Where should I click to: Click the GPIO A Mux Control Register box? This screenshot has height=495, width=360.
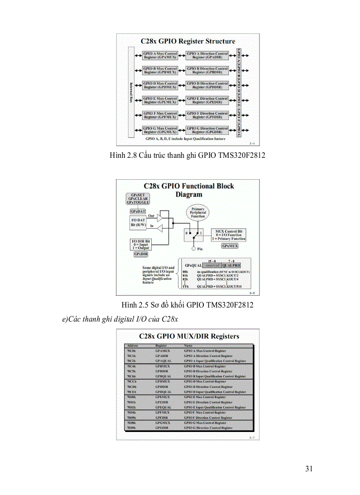coord(160,56)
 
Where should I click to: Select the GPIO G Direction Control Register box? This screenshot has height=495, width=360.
coord(207,130)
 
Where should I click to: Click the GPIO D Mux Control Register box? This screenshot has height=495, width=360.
coord(160,85)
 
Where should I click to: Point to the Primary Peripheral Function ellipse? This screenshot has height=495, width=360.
coord(198,213)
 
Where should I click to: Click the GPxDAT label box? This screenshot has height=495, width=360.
coord(138,212)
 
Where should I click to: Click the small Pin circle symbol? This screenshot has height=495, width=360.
coord(193,248)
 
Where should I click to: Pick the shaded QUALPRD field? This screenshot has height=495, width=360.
coord(231,265)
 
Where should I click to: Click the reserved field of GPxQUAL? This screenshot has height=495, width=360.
coord(213,265)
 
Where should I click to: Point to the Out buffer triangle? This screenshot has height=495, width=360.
coord(164,217)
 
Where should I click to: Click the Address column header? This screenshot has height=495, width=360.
coord(132,346)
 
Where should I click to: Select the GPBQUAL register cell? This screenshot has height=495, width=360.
coord(163,376)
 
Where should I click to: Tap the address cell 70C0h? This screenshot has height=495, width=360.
coord(131,351)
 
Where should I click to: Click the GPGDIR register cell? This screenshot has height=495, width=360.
coord(162,428)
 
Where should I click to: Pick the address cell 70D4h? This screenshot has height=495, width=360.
coord(131,413)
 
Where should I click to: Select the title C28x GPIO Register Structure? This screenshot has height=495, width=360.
coord(188,41)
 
